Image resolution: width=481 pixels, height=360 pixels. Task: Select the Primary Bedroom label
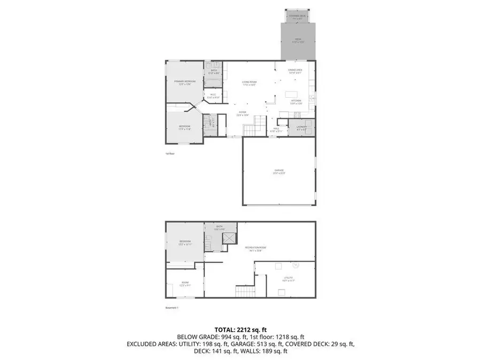185,82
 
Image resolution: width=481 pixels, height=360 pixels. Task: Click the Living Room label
249,83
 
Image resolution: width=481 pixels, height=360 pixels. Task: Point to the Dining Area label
295,71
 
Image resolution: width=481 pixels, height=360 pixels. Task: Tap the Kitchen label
296,101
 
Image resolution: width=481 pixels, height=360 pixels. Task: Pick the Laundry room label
301,128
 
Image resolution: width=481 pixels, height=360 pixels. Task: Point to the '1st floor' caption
170,153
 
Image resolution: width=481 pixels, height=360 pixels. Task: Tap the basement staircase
243,291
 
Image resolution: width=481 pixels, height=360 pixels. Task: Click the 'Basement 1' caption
172,308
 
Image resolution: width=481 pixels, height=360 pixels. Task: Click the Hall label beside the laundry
277,129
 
